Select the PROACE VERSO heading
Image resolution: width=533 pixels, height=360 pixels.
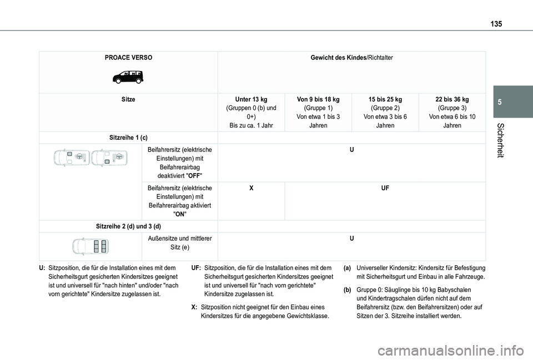129,58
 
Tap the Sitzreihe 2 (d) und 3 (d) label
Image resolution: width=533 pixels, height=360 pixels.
129,226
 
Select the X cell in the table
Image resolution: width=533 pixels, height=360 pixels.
251,189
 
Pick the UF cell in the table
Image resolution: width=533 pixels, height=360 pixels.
385,189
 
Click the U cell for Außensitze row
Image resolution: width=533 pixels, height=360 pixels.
351,239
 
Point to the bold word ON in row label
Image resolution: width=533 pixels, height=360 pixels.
179,214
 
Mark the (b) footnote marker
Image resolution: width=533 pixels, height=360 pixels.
346,290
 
